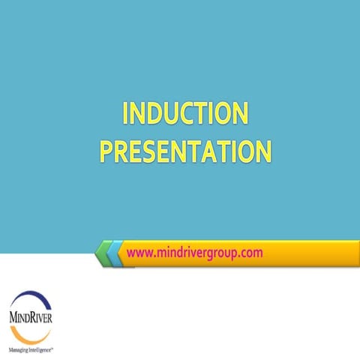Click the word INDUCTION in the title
pyautogui.click(x=184, y=115)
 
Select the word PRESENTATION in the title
pyautogui.click(x=184, y=151)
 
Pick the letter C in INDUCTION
pyautogui.click(x=194, y=115)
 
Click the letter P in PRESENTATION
pyautogui.click(x=106, y=151)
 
